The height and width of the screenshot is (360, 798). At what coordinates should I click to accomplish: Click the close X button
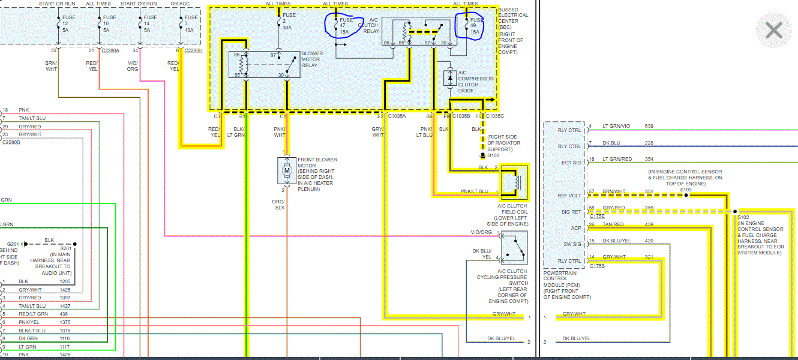[x=773, y=30]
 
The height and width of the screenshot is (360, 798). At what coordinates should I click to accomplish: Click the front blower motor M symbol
[x=287, y=171]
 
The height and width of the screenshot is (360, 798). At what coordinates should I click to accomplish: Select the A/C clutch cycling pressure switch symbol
[x=514, y=248]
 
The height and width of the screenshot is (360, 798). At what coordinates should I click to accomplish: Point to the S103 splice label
[x=686, y=190]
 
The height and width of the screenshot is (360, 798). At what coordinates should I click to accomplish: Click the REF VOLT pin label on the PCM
[x=569, y=196]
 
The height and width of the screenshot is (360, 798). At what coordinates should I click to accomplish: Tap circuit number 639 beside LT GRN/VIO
[x=649, y=126]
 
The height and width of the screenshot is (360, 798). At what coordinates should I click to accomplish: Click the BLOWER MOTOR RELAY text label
[x=311, y=59]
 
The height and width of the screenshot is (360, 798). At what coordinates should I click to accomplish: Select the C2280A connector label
[x=110, y=51]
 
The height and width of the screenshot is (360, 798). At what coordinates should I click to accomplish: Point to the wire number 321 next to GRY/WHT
[x=649, y=257]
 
